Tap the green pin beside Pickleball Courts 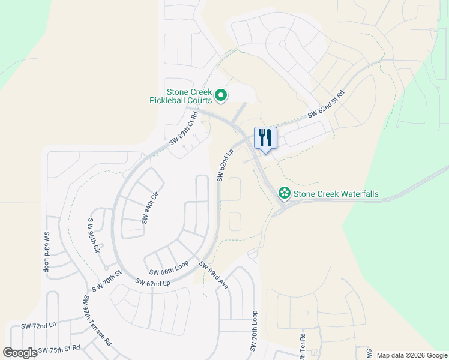221,95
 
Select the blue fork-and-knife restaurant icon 265,137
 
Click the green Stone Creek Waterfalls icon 284,193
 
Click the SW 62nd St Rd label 326,104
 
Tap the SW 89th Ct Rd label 183,128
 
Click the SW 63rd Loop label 46,252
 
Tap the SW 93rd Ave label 214,275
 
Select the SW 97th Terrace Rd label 97,320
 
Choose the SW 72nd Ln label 38,326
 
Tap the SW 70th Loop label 254,331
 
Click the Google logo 20,353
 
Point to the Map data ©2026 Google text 411,355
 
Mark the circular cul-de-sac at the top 282,44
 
